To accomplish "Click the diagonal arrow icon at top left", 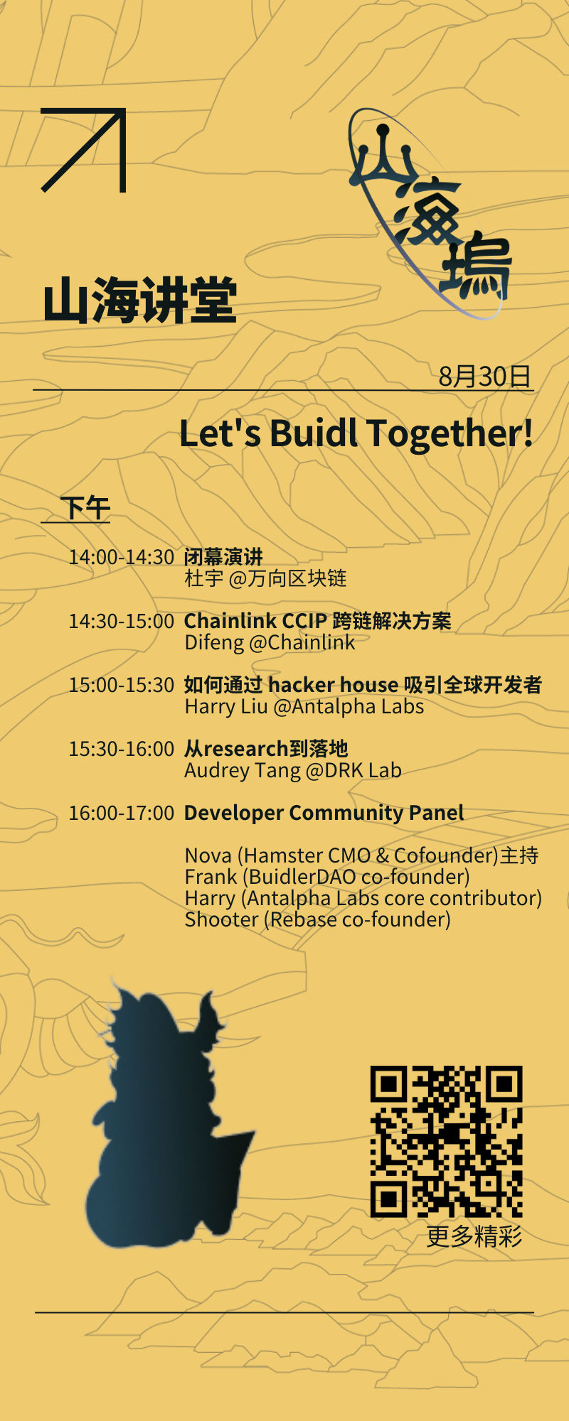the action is point(84,150).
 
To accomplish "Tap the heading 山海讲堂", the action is point(139,301).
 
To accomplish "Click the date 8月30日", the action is point(484,376).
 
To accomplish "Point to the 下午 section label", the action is point(85,508).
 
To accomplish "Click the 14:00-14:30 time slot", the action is point(121,557).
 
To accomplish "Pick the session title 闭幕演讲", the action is point(223,556).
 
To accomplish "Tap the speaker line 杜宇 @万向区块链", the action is point(265,578).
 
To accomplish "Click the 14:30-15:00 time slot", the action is point(121,621).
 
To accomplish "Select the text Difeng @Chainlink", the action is point(270,642).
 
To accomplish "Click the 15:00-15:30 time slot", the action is point(121,685).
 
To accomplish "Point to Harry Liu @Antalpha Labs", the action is point(304,706).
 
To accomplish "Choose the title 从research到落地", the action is point(266,749).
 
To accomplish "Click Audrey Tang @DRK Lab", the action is point(293,770).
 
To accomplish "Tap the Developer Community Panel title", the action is point(324,813).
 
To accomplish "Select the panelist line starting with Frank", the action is point(327,877).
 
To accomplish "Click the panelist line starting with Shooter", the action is point(317,919).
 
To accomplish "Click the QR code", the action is point(447,1142).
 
